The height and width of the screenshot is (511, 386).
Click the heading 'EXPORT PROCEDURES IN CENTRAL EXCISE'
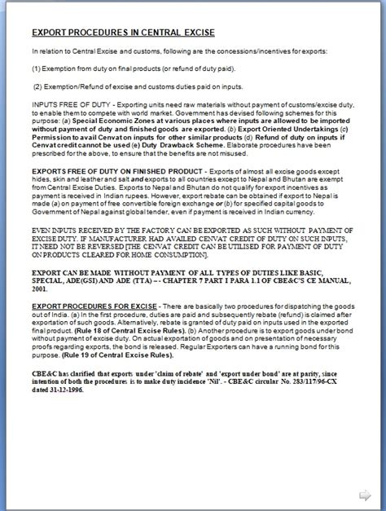[x=122, y=33]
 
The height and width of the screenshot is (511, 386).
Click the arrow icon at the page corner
[x=365, y=494]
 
